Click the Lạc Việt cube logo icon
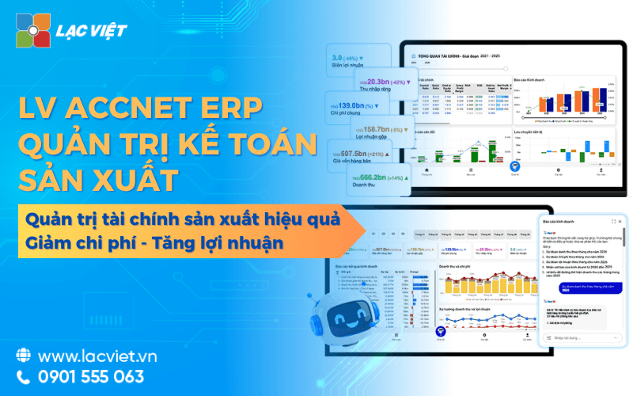[x=33, y=30]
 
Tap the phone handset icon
[x=23, y=376]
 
